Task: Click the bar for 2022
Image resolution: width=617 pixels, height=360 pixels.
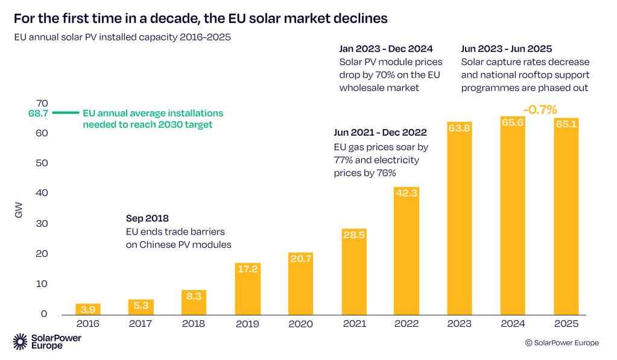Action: click(x=407, y=250)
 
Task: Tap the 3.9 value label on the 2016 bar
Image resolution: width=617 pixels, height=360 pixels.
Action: click(x=88, y=309)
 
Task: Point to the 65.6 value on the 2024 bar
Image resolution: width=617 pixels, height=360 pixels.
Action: click(x=513, y=122)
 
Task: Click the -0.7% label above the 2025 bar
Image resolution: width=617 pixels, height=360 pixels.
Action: click(x=540, y=110)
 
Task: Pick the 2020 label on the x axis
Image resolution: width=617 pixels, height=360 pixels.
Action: click(x=300, y=324)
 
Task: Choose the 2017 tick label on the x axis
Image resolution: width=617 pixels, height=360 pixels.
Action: click(x=141, y=324)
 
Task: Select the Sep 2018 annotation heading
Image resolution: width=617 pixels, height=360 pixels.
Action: click(x=147, y=218)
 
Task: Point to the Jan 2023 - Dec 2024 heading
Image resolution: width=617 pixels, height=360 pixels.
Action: click(x=386, y=49)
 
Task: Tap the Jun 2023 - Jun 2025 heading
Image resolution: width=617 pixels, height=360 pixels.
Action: click(x=507, y=49)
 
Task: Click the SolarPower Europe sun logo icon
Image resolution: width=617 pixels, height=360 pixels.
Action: click(x=20, y=341)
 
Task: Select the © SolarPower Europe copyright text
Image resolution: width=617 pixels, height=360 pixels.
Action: click(x=562, y=343)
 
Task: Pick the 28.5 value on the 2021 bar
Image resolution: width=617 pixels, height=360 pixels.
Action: click(x=353, y=235)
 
